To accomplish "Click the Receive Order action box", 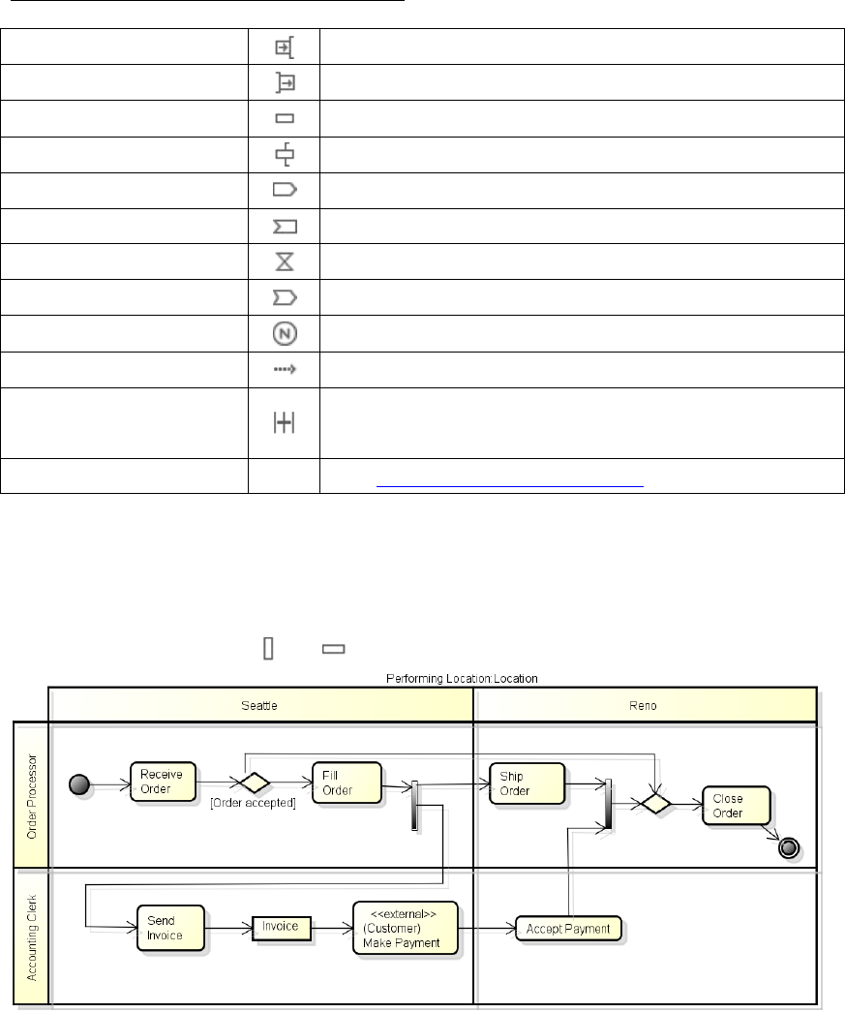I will [163, 782].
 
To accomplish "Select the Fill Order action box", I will [346, 783].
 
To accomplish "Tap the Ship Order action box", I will [527, 783].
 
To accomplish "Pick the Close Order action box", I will [737, 806].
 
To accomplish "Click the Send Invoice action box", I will [170, 930].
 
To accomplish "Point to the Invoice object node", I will [282, 928].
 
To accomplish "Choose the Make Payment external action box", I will [405, 929].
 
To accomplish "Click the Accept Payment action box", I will [567, 929].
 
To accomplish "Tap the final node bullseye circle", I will [789, 847].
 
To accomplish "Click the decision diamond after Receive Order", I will [254, 783].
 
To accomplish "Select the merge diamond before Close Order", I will [655, 803].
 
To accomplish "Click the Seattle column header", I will [259, 705].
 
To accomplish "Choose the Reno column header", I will [645, 705].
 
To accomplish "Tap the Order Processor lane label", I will [31, 797].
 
